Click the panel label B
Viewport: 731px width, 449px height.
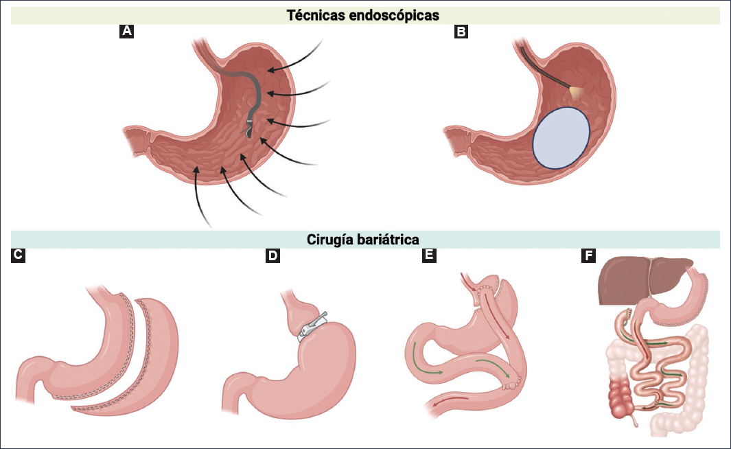pos(461,31)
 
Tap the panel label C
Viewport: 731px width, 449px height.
pos(19,256)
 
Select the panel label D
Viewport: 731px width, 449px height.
pos(273,256)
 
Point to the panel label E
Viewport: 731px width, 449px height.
pos(430,256)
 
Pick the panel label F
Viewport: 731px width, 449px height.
pos(588,256)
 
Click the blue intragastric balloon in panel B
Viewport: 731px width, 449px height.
pos(561,137)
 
